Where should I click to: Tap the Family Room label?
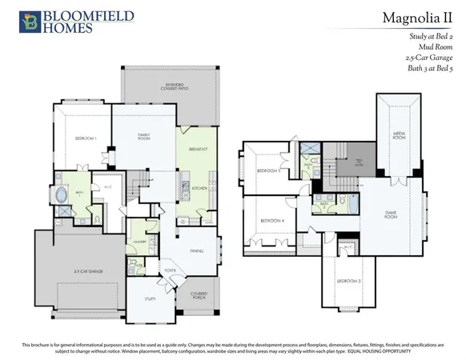click(144, 137)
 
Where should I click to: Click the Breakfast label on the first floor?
click(199, 150)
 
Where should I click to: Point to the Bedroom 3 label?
click(348, 281)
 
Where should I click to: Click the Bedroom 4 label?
click(271, 221)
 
